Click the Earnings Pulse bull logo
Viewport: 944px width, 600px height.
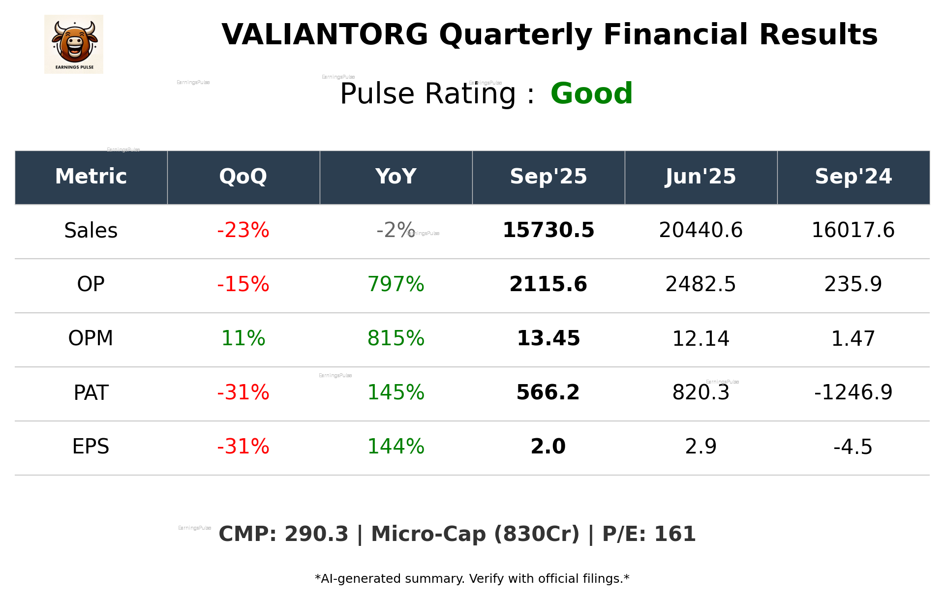click(74, 44)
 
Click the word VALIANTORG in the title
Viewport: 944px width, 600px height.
click(325, 35)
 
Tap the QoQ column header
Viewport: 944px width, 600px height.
click(243, 177)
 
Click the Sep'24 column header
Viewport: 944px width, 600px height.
click(853, 177)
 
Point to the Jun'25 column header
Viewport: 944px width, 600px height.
click(700, 177)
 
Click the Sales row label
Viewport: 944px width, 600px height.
click(91, 231)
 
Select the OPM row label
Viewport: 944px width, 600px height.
click(91, 338)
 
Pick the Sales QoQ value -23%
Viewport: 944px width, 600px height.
click(243, 230)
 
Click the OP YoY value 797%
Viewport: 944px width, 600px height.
click(396, 284)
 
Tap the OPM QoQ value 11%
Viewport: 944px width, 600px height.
click(243, 338)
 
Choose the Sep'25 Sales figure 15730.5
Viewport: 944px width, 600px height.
click(548, 230)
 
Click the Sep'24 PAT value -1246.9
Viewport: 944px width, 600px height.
click(853, 392)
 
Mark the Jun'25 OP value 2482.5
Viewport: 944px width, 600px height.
click(700, 284)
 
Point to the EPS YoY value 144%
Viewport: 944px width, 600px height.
click(396, 447)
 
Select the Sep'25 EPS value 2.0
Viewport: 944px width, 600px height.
click(548, 447)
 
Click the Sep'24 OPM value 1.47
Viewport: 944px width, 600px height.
click(853, 338)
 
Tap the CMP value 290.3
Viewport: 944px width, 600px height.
click(316, 534)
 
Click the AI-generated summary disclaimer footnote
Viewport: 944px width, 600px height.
click(472, 579)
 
